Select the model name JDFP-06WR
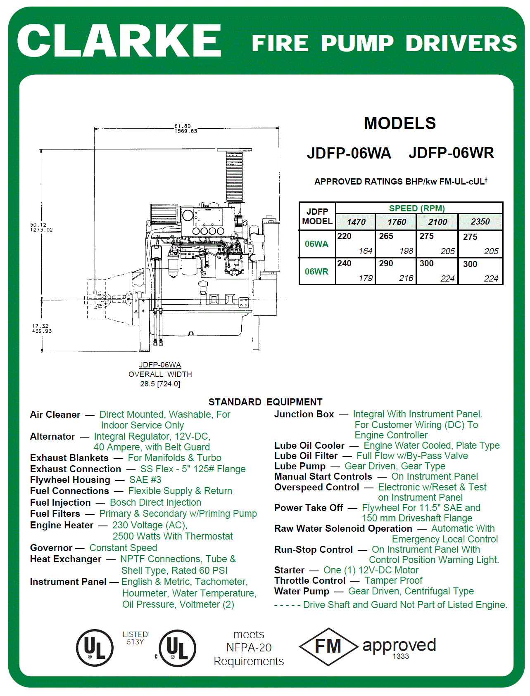pyautogui.click(x=451, y=153)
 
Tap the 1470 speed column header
pyautogui.click(x=356, y=222)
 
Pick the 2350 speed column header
pyautogui.click(x=480, y=222)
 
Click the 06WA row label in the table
pyautogui.click(x=316, y=244)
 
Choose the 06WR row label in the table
pyautogui.click(x=316, y=272)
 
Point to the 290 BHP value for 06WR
pyautogui.click(x=386, y=264)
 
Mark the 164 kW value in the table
pyautogui.click(x=366, y=251)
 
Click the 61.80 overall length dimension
pyautogui.click(x=183, y=126)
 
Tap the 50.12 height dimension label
pyautogui.click(x=38, y=225)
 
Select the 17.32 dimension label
pyautogui.click(x=40, y=326)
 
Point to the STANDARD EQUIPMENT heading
pyautogui.click(x=265, y=402)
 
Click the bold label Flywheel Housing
pyautogui.click(x=70, y=480)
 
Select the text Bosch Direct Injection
pyautogui.click(x=155, y=502)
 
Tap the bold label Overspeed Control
pyautogui.click(x=316, y=487)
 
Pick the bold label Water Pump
pyautogui.click(x=302, y=591)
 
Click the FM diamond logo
pyautogui.click(x=328, y=646)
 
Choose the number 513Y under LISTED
pyautogui.click(x=135, y=642)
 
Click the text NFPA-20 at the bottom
pyautogui.click(x=249, y=648)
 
